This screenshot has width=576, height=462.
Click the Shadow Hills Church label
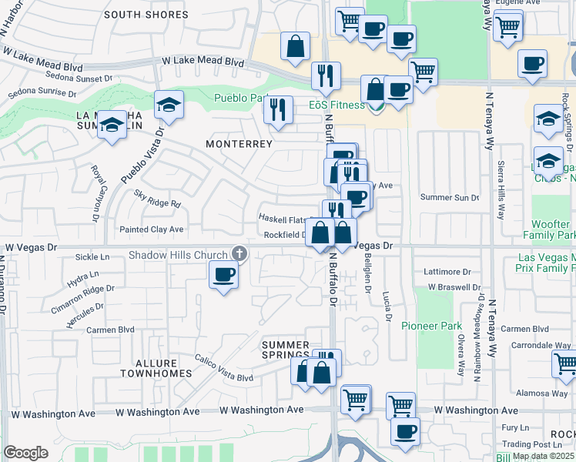point(178,255)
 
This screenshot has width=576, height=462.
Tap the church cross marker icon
point(239,253)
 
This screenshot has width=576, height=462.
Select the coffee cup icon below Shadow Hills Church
point(223,274)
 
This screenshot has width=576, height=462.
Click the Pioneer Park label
point(432,326)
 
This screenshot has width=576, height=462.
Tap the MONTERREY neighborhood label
point(239,144)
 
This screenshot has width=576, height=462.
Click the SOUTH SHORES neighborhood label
point(146,15)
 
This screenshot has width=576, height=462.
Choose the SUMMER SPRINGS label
point(285,350)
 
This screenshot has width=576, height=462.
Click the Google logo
point(25,453)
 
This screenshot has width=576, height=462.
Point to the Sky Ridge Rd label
point(157,204)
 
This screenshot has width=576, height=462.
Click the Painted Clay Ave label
point(152,229)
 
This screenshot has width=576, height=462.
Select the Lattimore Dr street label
point(447,272)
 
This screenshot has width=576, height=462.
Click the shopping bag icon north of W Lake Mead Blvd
point(295,46)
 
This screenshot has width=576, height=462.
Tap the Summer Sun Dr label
point(450,198)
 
